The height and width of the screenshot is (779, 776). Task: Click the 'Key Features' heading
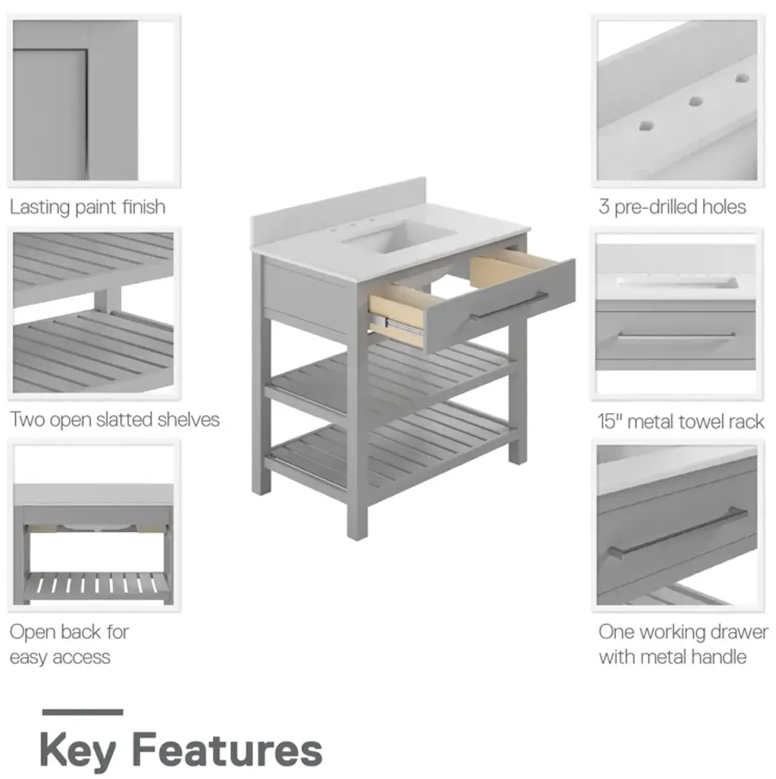[181, 751]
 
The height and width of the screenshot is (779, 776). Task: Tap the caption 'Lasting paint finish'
[87, 208]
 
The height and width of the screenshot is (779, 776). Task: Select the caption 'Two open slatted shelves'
[114, 420]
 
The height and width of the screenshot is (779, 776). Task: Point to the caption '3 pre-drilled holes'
[672, 208]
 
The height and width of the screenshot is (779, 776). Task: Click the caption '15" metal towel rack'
[681, 422]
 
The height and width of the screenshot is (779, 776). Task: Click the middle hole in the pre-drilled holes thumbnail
[695, 101]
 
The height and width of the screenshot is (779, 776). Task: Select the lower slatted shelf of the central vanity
[389, 449]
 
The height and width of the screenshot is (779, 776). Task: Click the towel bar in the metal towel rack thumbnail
[676, 335]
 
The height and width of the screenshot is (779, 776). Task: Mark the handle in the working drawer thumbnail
[677, 533]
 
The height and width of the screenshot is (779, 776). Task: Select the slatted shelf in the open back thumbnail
[97, 584]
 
